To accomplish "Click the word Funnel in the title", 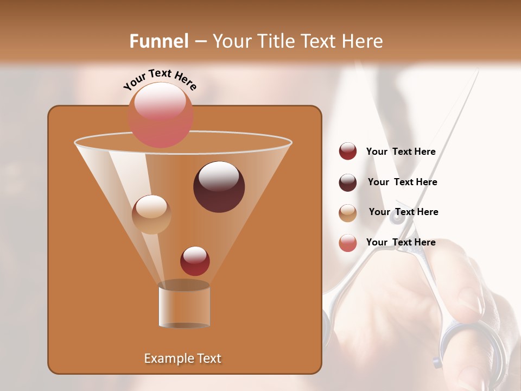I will [x=158, y=41].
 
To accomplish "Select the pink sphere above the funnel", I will [x=161, y=115].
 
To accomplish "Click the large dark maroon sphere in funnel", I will [x=219, y=187].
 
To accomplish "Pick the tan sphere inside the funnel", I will [x=151, y=215].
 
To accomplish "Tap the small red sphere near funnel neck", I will [x=195, y=261].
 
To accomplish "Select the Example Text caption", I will [x=183, y=358].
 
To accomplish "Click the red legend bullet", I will [x=348, y=152].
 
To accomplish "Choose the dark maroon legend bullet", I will [x=348, y=182].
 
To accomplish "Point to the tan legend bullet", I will [x=348, y=213].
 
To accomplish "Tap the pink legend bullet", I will [x=348, y=243].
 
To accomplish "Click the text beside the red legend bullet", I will [x=401, y=152].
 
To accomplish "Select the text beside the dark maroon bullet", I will [x=402, y=182].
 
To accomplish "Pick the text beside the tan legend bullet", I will [x=403, y=212].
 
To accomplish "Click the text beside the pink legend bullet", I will [x=401, y=243].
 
